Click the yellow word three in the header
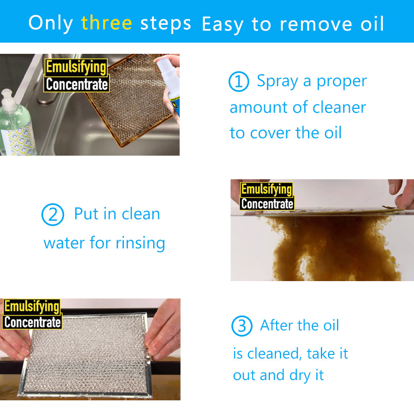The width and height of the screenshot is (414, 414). coord(106,23)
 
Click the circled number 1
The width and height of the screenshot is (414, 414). coord(238,82)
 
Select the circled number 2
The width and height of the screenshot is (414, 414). coord(53,215)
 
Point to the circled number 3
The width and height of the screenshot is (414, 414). coord(241,327)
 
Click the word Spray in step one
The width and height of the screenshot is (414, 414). coord(277,81)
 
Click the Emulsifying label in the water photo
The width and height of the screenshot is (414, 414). coord(267,190)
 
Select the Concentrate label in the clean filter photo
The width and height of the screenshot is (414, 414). coord(32,322)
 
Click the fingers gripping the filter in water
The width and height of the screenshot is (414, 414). coord(402,195)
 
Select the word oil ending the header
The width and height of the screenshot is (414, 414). coord(371,24)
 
